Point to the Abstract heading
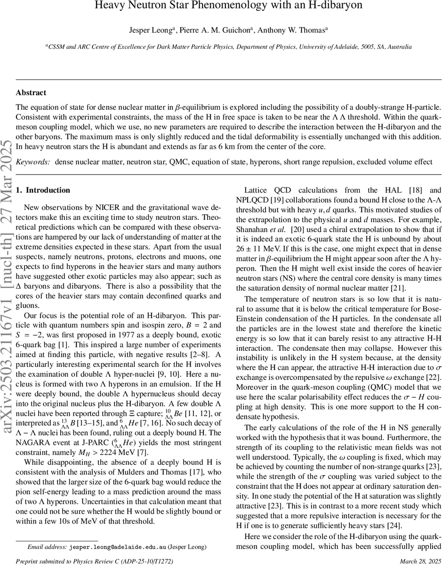coord(31,93)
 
